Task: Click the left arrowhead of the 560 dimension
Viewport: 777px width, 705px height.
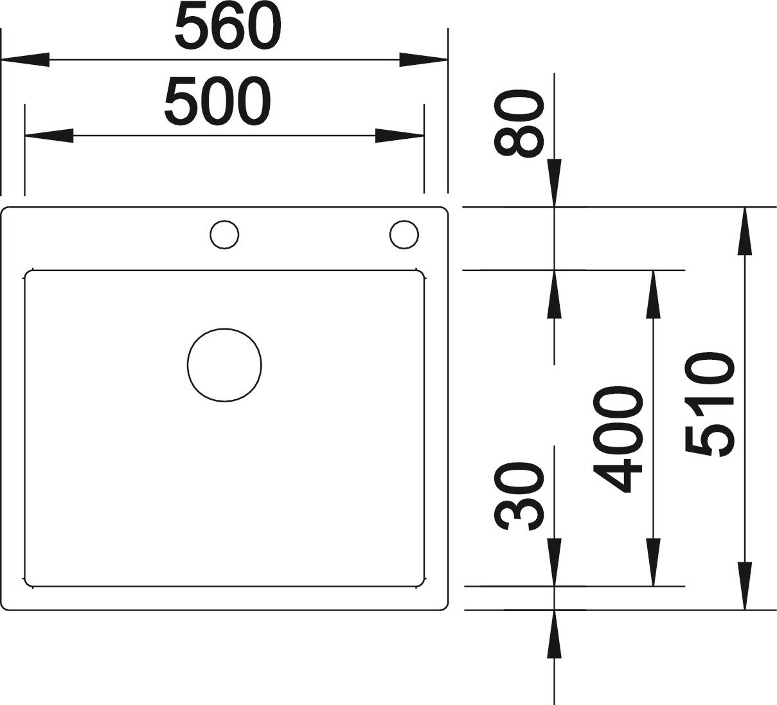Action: pos(26,60)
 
